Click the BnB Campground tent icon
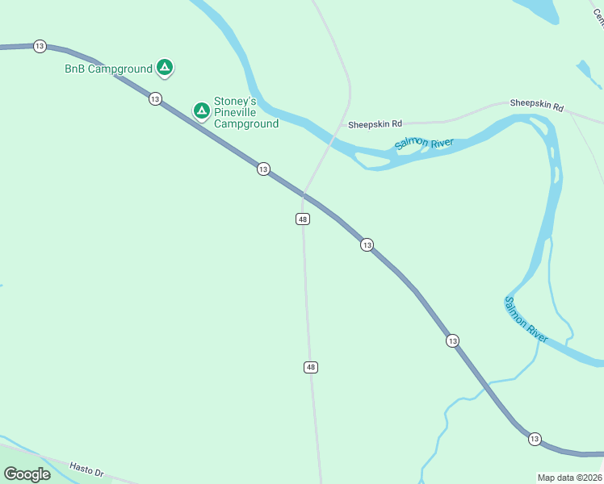click(164, 68)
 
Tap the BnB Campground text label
click(108, 69)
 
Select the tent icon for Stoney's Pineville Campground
click(201, 111)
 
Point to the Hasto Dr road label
click(87, 468)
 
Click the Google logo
click(27, 474)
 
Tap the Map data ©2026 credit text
click(570, 478)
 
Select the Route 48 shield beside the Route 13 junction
click(303, 219)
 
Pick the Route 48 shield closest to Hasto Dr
click(311, 367)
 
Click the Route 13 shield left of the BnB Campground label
click(40, 46)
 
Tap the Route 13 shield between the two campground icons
click(154, 98)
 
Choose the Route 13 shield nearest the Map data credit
click(535, 439)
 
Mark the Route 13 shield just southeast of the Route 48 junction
click(367, 244)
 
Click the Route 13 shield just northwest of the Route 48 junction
click(262, 169)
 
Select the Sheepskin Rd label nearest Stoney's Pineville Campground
click(375, 124)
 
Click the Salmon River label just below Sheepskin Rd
click(424, 144)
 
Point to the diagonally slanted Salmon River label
click(526, 319)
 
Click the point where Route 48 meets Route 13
click(303, 194)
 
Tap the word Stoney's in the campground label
click(235, 102)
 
